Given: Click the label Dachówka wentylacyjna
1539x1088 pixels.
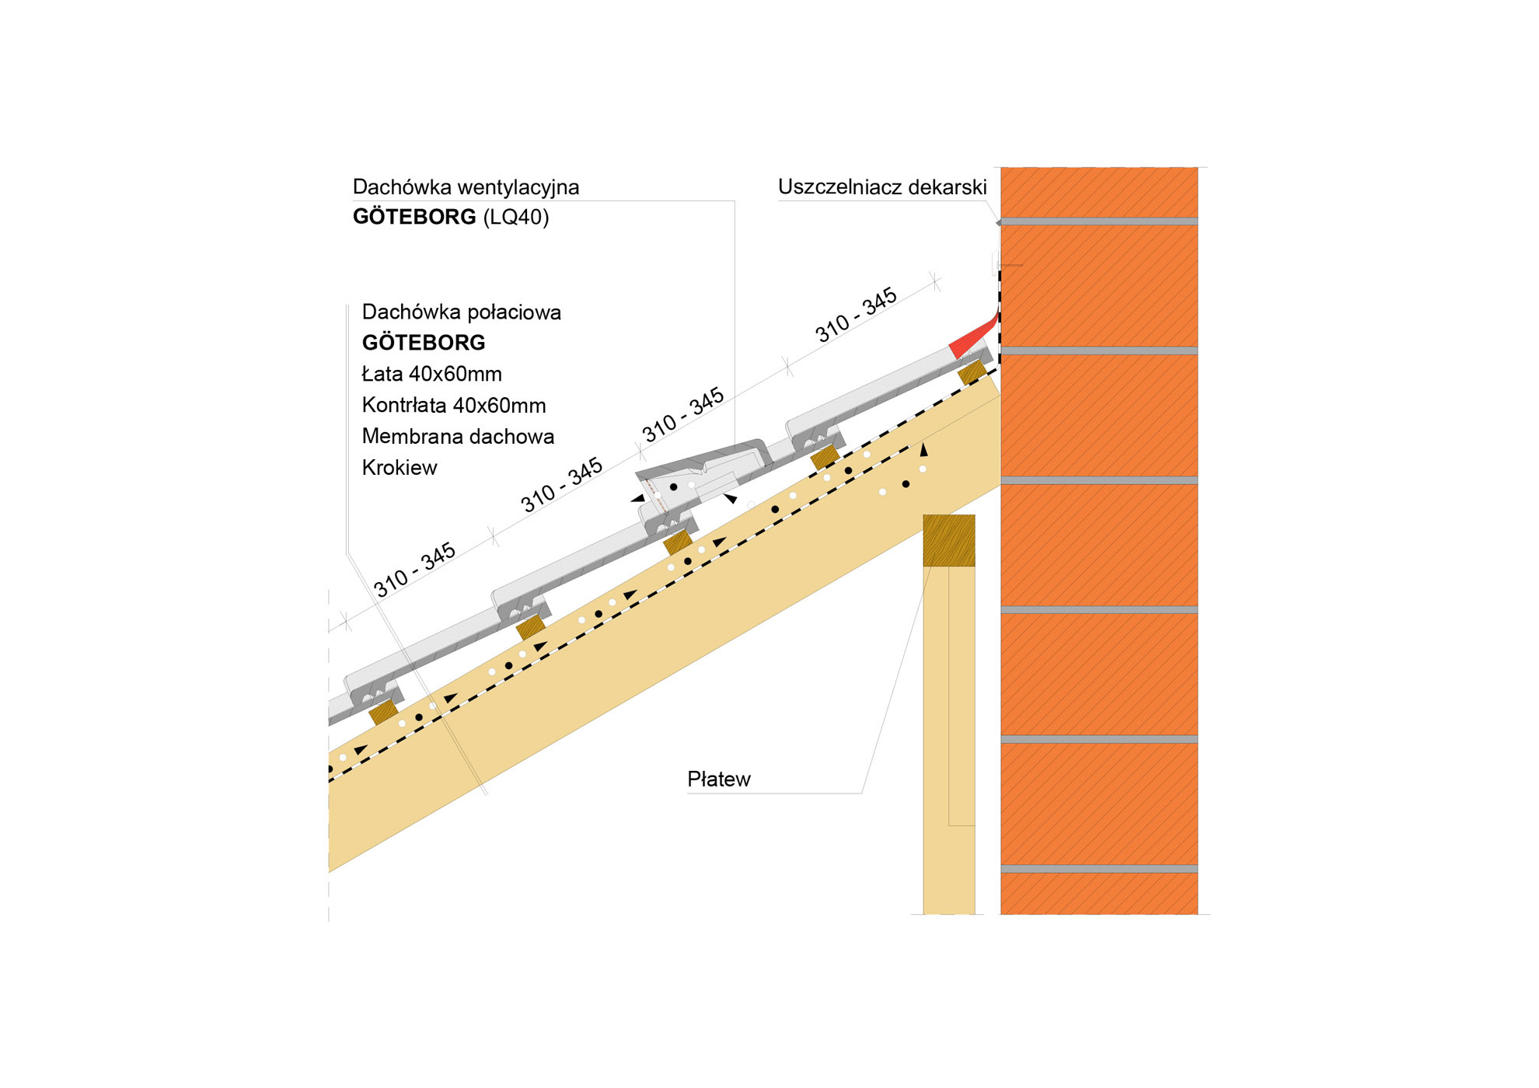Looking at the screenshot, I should point(466,187).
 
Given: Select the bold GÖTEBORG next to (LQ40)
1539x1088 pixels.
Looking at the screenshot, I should point(414,217).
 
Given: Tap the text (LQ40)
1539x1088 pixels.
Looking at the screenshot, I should point(516,217).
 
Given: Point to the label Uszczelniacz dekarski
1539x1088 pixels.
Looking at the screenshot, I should point(882,187).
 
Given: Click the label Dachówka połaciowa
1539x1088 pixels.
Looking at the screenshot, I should point(462,312).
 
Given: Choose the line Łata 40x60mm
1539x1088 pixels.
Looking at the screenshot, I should point(432,374).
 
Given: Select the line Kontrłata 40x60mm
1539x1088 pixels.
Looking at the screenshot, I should point(454,406).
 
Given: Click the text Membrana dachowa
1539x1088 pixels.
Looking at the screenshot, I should point(458,437).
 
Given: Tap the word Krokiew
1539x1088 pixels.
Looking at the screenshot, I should point(400,468).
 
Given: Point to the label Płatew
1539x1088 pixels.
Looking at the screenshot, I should point(719,779).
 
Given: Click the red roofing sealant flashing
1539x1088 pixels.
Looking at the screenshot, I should point(972,338).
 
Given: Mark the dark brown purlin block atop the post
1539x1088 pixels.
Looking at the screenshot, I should point(949,540).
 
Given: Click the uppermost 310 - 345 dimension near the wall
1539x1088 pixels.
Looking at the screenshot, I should point(856,316).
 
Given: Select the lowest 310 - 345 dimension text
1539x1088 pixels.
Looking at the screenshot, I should point(414,570).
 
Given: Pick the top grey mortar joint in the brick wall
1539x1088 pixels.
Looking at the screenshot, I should point(1098,221).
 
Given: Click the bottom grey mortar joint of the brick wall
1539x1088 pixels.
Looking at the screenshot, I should point(1098,868).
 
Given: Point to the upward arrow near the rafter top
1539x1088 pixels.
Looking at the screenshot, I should point(923,450).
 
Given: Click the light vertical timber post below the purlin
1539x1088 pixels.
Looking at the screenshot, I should point(948,738).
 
